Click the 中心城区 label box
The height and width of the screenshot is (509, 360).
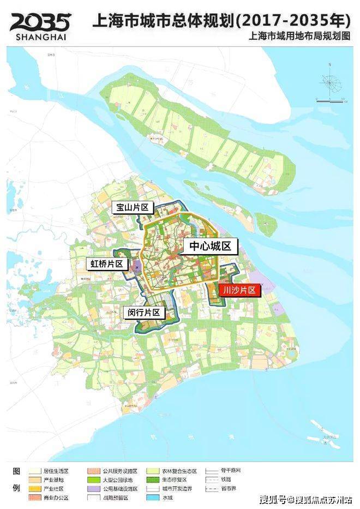pyautogui.click(x=210, y=246)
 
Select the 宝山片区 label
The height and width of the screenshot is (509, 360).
pyautogui.click(x=132, y=207)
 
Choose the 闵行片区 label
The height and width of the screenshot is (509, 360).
pyautogui.click(x=144, y=313)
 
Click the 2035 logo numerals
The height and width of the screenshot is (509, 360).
pyautogui.click(x=40, y=22)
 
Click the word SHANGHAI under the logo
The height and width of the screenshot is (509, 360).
pyautogui.click(x=40, y=37)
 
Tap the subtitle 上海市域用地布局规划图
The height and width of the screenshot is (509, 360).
pyautogui.click(x=299, y=37)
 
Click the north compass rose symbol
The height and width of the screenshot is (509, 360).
pyautogui.click(x=331, y=82)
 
